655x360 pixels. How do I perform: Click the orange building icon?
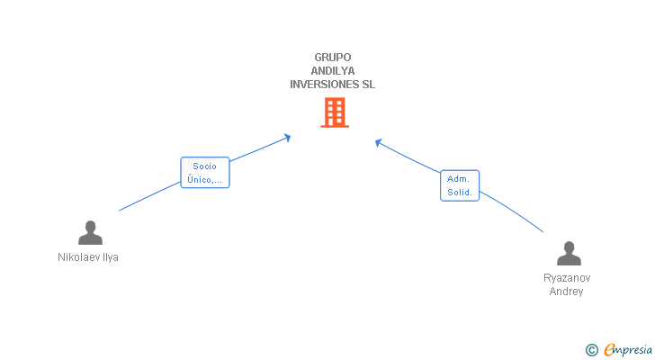click(x=334, y=112)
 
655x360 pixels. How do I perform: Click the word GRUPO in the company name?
click(x=333, y=58)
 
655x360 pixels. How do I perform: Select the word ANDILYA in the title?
click(x=333, y=71)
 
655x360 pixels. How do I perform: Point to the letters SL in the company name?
click(x=368, y=85)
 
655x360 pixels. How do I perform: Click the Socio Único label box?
click(x=205, y=173)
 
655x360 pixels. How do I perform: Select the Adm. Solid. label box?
click(x=459, y=186)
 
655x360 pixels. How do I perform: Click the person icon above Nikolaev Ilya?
click(x=90, y=232)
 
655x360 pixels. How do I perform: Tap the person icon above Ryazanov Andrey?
click(x=568, y=254)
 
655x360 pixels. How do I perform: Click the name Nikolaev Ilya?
click(x=88, y=257)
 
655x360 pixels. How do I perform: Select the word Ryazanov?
click(x=567, y=278)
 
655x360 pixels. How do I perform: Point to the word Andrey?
click(x=567, y=292)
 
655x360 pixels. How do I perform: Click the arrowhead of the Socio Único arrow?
click(x=288, y=137)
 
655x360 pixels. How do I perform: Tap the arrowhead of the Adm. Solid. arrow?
click(x=379, y=141)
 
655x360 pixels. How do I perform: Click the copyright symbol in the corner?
click(x=591, y=350)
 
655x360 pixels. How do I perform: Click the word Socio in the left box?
click(x=205, y=166)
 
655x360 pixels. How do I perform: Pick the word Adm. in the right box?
click(x=459, y=179)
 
